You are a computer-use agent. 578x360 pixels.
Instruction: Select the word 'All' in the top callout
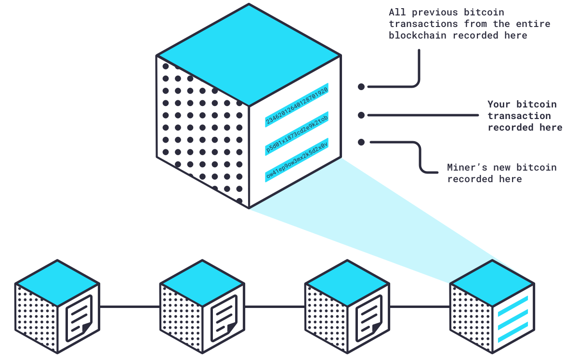(398, 12)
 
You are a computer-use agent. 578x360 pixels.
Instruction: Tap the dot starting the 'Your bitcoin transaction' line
(361, 115)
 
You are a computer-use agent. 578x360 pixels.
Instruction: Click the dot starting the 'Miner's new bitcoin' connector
(361, 142)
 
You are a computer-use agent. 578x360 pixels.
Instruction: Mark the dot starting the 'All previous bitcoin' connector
(361, 87)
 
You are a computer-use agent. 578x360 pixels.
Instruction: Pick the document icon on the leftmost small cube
(79, 318)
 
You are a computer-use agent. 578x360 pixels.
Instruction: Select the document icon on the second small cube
(223, 318)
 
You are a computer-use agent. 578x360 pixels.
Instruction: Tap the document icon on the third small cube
(369, 318)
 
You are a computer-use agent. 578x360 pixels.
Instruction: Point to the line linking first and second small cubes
(130, 307)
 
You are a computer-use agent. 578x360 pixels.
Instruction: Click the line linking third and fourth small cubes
(420, 307)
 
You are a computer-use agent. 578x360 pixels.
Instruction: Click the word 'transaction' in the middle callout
(519, 116)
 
